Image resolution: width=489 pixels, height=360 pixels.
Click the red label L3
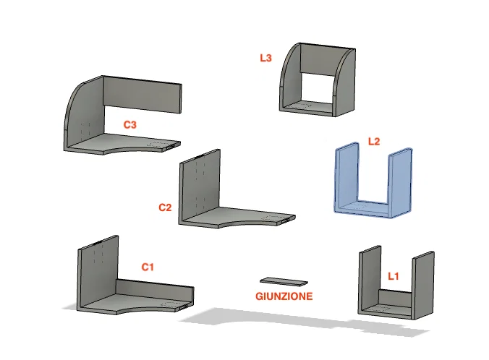click(265, 58)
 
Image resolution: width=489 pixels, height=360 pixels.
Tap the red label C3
click(130, 124)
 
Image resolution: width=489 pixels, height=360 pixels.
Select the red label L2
click(374, 142)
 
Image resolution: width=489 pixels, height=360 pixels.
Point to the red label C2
click(165, 207)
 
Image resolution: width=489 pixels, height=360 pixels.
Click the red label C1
click(148, 267)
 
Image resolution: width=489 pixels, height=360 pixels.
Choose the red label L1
click(394, 276)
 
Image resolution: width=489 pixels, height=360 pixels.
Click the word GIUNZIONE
click(284, 296)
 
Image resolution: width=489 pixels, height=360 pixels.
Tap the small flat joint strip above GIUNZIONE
click(284, 281)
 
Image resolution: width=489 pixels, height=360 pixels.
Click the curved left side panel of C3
click(84, 116)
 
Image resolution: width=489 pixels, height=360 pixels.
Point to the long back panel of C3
click(142, 94)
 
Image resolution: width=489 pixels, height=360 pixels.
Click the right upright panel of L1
click(423, 286)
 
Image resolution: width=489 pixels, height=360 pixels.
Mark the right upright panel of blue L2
click(400, 182)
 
